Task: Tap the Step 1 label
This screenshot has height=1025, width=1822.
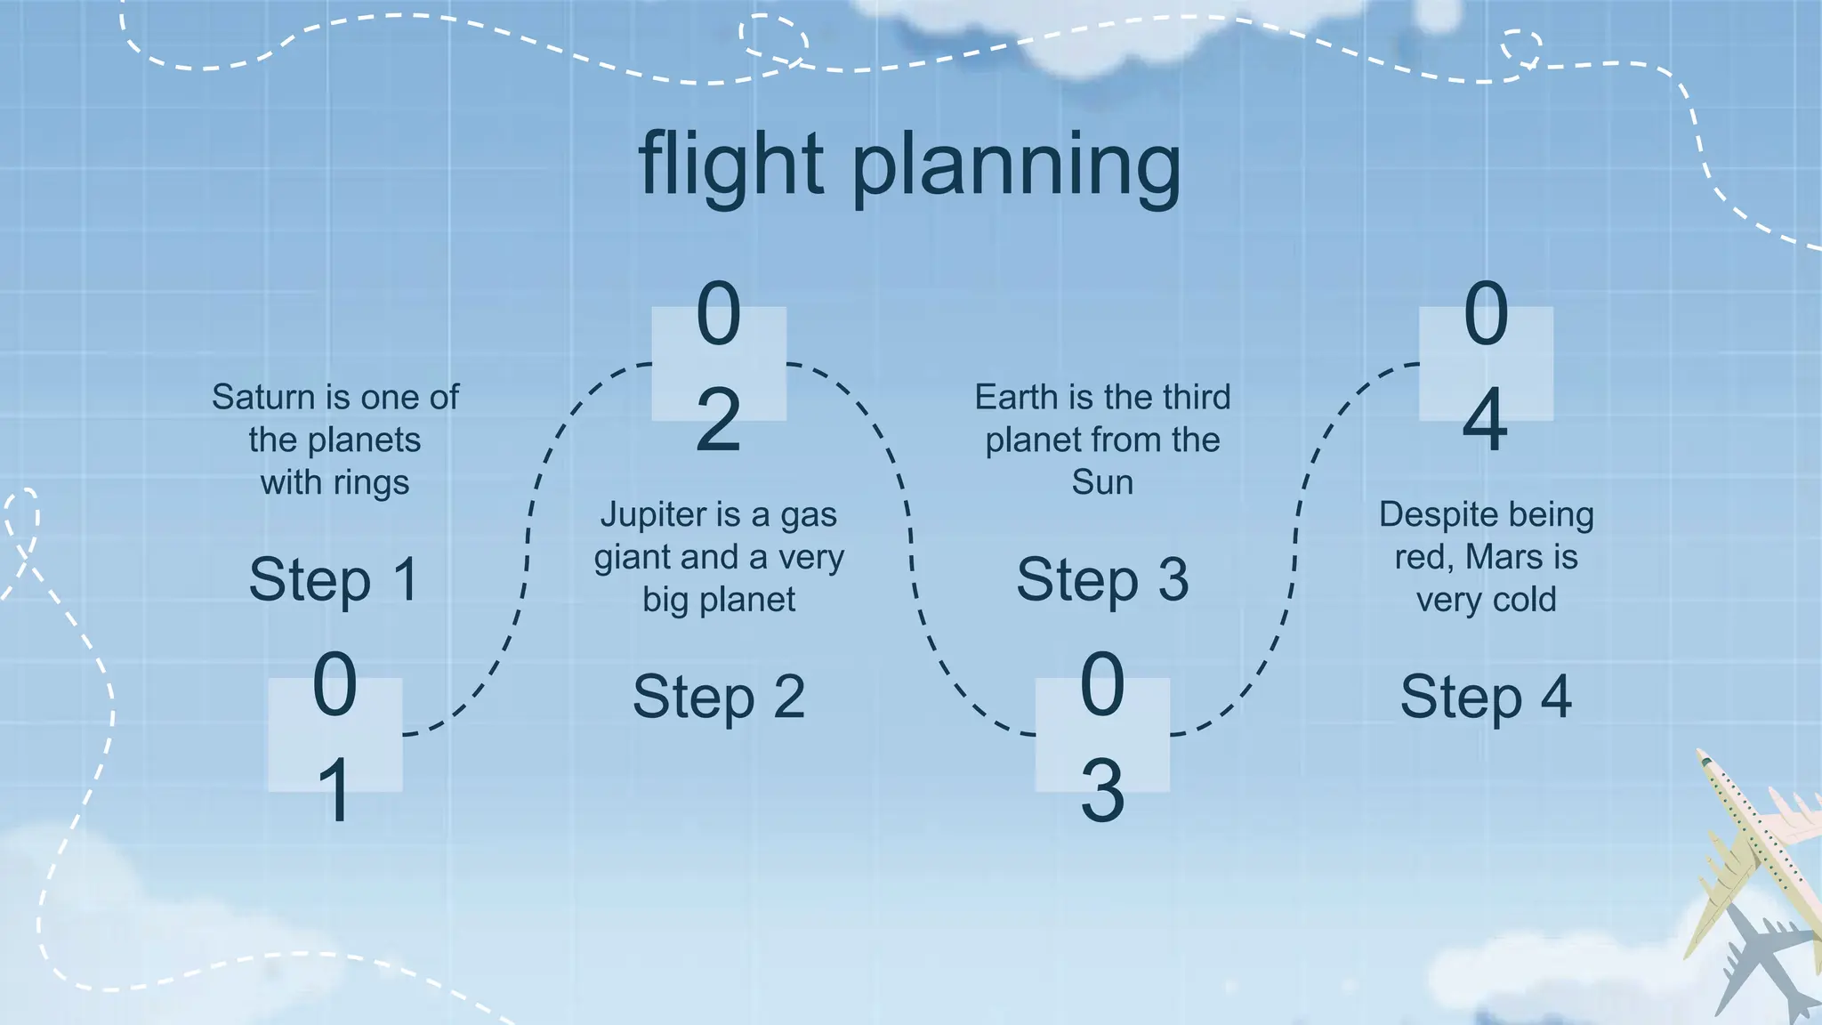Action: pos(335,580)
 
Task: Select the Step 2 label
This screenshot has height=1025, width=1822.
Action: pos(719,697)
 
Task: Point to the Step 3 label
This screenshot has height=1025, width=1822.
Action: pos(1102,580)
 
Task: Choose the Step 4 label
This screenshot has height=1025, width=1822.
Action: pos(1486,697)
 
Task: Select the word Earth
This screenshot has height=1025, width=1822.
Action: pos(1016,397)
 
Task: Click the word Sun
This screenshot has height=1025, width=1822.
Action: pos(1102,482)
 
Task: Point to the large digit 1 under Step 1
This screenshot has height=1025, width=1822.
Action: pos(335,790)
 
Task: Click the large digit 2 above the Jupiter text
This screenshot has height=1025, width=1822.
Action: pos(719,420)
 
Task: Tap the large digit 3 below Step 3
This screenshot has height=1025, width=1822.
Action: pos(1102,790)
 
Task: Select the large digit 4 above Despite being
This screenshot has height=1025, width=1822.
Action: pos(1486,420)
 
